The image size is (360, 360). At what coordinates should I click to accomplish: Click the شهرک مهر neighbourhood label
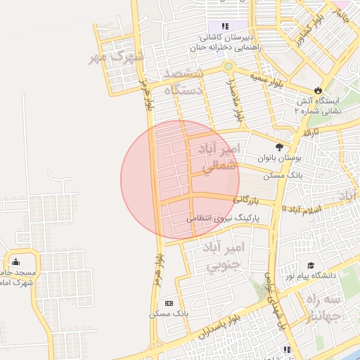[115, 56]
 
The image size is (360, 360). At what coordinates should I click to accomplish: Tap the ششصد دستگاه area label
[184, 82]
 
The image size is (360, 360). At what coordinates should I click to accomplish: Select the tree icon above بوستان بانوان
[279, 147]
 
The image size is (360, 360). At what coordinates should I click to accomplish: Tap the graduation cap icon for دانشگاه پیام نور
[310, 266]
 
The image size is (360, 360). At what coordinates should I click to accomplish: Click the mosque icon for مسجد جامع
[15, 262]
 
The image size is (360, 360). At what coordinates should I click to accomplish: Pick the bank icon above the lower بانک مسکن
[168, 302]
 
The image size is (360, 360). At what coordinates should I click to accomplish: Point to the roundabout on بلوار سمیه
[228, 67]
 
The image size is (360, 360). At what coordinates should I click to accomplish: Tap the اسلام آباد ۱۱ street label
[302, 210]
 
